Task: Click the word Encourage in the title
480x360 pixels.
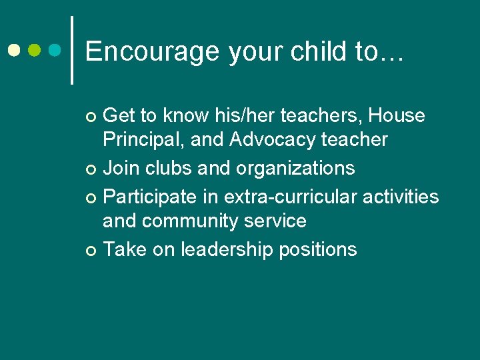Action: pos(153,52)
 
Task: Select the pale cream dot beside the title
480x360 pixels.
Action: pos(15,50)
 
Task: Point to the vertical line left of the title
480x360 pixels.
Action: pos(72,50)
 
